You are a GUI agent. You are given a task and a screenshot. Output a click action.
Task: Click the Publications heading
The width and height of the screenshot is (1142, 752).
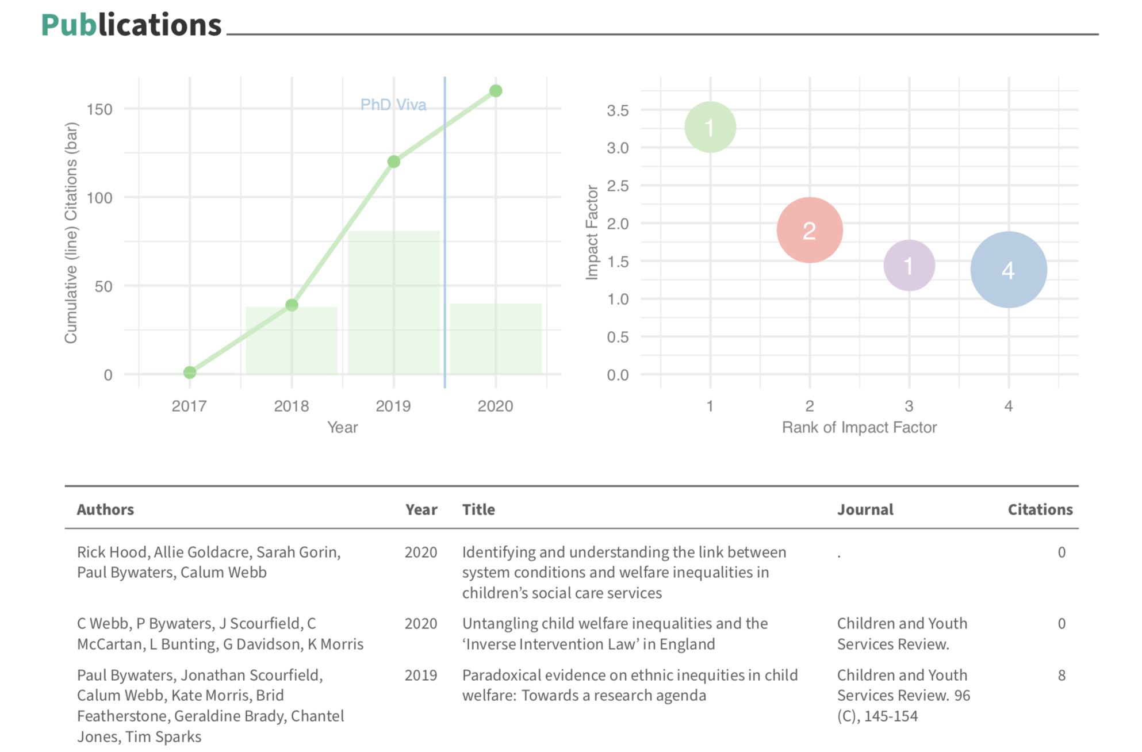pos(131,25)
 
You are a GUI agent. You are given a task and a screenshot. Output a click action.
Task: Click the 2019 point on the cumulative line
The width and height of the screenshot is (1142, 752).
pos(393,162)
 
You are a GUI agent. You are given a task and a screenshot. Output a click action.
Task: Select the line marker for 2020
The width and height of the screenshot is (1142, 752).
pos(496,91)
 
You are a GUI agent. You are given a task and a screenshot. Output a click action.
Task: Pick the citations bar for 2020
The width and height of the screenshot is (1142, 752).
pos(496,339)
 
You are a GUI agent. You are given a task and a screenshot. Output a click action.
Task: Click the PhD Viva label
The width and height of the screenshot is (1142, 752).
pos(393,105)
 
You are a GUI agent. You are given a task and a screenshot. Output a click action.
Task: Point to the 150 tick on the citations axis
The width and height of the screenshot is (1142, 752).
pos(99,109)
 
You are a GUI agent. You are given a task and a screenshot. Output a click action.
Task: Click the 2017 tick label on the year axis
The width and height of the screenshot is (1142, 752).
pos(189,406)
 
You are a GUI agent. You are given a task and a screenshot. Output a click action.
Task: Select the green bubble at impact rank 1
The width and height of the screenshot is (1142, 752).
pos(710,127)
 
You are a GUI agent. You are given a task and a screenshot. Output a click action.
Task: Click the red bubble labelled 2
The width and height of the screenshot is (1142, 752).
pos(810,230)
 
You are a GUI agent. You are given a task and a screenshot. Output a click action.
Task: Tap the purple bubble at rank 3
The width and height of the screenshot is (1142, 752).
pos(909,266)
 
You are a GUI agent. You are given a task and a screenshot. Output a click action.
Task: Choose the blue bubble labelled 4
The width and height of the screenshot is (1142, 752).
pos(1009,270)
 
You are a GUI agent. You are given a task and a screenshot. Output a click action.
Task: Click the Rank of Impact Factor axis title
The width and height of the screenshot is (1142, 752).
pos(859,428)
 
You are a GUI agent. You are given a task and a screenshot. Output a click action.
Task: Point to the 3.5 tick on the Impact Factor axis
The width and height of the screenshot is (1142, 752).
pos(618,110)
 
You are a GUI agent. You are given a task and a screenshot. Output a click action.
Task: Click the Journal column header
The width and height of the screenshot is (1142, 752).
pos(865,509)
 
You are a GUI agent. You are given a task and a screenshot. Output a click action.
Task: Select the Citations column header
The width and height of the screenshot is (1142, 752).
pos(1040,509)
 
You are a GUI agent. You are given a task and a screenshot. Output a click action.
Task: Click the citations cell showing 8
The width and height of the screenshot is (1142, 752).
pos(1061,675)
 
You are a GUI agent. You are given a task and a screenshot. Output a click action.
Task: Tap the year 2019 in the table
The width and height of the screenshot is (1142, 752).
pos(421,675)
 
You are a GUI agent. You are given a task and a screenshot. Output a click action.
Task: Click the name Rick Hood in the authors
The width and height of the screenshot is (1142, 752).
pos(113,553)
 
